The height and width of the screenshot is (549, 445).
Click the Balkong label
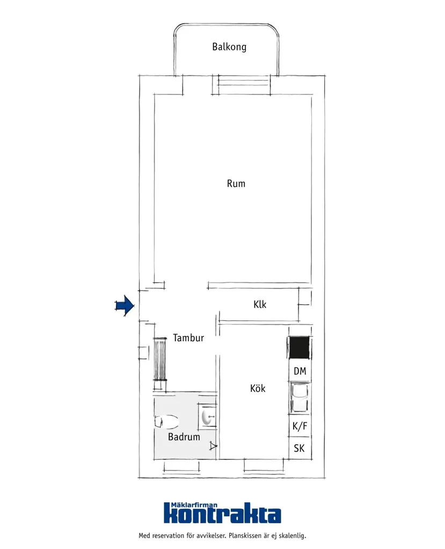point(229,47)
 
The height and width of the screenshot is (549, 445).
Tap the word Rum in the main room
point(236,184)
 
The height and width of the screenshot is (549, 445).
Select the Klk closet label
point(260,304)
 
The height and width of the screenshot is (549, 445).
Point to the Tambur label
point(188,338)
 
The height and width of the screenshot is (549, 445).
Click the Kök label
point(258,389)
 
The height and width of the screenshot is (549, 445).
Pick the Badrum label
point(184,437)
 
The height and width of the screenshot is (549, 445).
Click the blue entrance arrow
point(125,306)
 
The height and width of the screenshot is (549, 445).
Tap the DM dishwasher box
point(300,371)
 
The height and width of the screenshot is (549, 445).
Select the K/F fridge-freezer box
point(300,426)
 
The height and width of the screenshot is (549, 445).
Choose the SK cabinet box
point(300,448)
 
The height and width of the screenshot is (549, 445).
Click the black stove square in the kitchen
point(299,348)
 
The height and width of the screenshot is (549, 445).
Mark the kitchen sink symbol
point(300,398)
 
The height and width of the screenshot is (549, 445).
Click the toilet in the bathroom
point(166,422)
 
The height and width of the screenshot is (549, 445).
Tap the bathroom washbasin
point(209,416)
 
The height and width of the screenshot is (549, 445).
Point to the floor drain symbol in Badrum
point(213,446)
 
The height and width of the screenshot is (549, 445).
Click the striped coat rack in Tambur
point(160,359)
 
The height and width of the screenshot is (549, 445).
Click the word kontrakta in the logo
point(222,515)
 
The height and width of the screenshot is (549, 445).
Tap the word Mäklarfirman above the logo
point(194,505)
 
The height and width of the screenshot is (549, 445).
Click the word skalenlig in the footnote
point(292,536)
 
